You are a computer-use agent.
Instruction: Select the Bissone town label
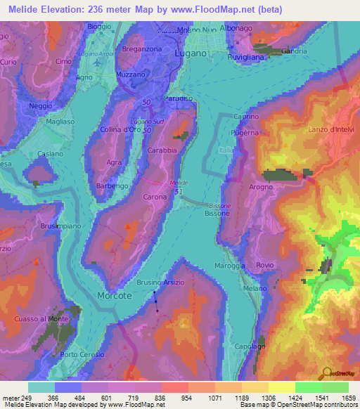coord(217,212)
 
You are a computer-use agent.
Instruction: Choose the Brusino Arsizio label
coord(160,282)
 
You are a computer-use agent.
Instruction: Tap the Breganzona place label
coord(142,48)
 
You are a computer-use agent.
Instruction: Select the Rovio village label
coord(264,265)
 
